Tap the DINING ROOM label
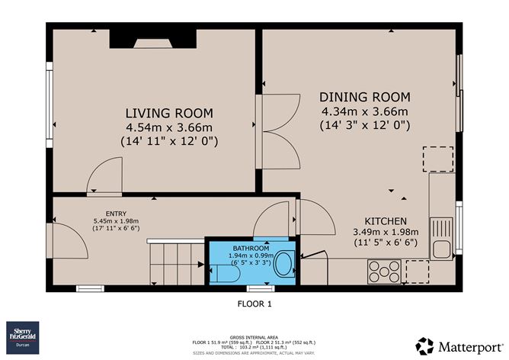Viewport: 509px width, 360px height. (364, 97)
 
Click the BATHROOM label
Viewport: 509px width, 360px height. (251, 249)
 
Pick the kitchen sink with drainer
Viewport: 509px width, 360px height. (440, 237)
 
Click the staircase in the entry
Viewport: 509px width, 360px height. (176, 259)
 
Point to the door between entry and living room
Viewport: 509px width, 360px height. (104, 175)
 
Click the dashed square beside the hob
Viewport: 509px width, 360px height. (418, 271)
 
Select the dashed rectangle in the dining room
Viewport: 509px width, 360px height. (437, 159)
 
